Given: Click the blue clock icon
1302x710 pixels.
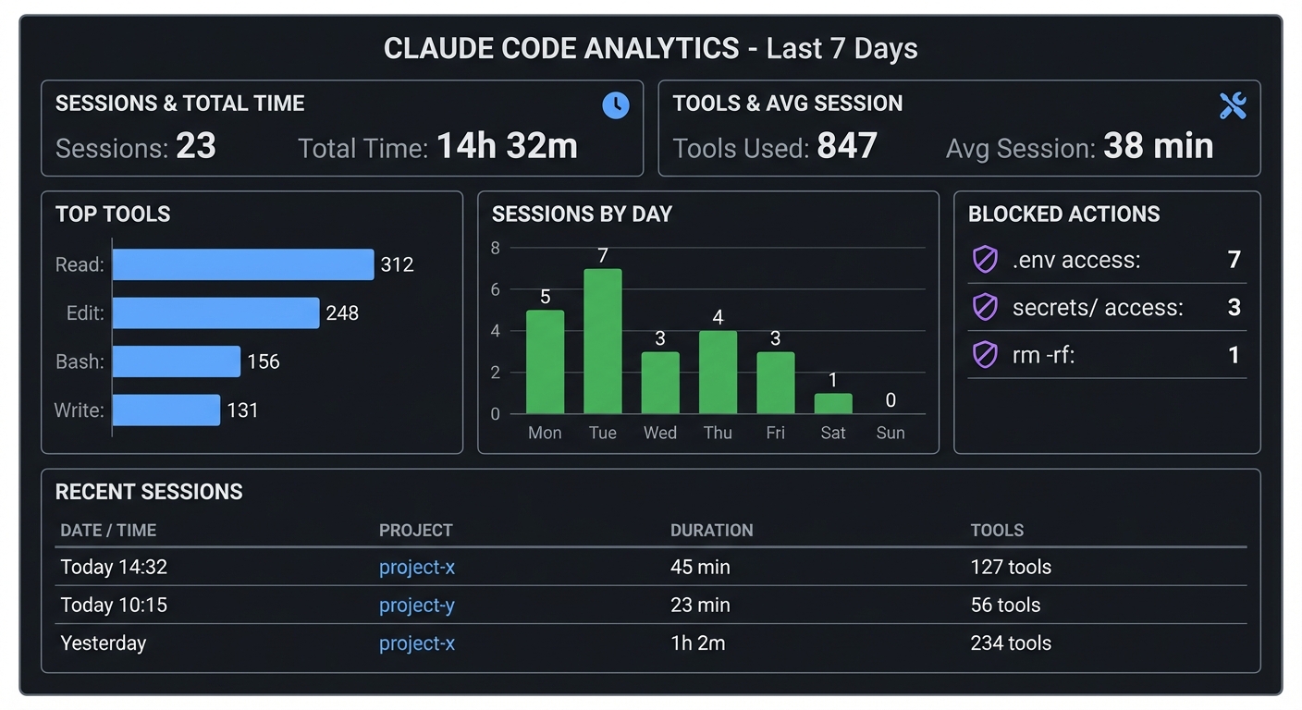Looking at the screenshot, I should point(616,105).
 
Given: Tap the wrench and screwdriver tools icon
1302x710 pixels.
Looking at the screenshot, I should point(1233,106).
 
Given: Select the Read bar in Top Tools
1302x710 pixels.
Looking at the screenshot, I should point(243,264).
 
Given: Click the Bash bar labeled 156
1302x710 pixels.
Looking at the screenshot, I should point(177,361).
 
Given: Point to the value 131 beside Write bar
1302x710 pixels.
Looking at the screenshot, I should point(242,410).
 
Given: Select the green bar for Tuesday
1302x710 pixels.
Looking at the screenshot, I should point(603,341).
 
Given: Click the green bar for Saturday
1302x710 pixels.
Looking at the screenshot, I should point(833,404).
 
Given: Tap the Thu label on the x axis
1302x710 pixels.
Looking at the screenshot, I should point(718,433).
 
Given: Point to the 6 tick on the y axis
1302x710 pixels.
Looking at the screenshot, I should point(496,289).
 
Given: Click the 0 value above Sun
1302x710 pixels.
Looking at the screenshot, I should point(891,400).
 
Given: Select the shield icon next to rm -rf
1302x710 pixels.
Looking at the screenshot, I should point(985,355).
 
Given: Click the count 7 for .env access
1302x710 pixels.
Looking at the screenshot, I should point(1234,260).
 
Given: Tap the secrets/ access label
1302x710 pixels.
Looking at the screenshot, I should point(1098,308).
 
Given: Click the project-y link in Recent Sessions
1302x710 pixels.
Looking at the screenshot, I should point(417,606).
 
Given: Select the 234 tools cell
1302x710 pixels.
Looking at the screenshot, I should point(1011,643).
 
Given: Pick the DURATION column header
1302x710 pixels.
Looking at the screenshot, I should point(711,531).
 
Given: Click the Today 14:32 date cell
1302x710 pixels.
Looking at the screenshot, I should point(114,568).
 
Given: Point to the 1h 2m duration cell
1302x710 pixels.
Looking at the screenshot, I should point(697,643).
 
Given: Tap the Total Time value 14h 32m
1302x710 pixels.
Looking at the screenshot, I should point(507,146).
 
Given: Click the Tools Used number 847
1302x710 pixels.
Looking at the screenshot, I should point(847,146).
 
